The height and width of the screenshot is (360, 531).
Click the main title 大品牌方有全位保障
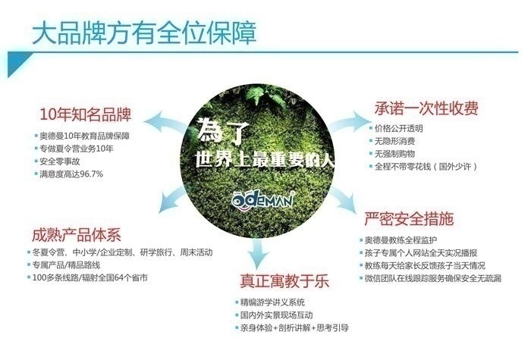pos(144,33)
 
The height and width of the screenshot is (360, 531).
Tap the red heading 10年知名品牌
pos(85,114)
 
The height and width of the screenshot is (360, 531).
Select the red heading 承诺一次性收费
pos(426,108)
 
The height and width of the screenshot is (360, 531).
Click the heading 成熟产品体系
pos(77,235)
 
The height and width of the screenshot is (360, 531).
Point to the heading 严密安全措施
pos(409,218)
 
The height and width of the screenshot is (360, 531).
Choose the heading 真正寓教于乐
pos(284,281)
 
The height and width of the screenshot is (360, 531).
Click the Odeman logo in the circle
pos(262,200)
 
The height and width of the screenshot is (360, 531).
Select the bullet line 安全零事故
pos(58,161)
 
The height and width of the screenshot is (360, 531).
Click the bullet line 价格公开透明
pos(396,128)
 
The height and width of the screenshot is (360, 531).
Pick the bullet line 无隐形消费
pos(392,141)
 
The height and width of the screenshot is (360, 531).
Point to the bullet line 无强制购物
pos(392,154)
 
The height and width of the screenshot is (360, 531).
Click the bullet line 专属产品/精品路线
pos(64,265)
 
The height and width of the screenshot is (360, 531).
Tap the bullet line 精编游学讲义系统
pos(270,302)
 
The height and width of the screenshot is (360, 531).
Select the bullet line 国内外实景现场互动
pos(275,315)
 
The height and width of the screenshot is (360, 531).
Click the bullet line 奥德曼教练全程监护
pos(398,240)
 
